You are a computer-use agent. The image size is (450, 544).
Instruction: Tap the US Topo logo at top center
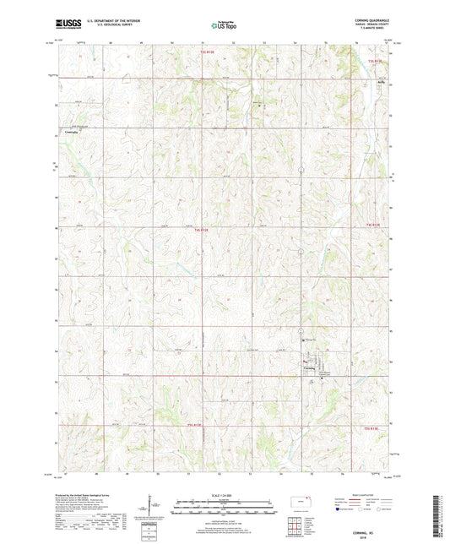[x=225, y=26]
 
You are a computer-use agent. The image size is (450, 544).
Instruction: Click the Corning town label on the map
[x=309, y=367]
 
